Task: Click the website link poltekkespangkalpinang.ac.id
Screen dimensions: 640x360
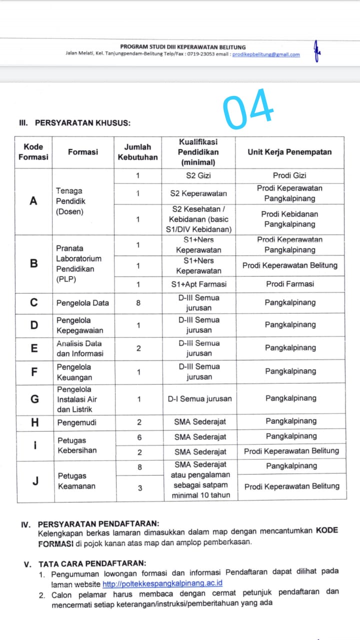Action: click(162, 583)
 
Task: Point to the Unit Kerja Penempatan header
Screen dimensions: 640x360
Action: click(289, 152)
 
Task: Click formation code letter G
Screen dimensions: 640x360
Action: click(34, 399)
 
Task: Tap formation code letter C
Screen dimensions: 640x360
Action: click(34, 302)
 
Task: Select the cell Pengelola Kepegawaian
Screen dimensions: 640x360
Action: click(80, 325)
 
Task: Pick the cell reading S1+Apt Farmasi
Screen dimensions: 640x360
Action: click(198, 284)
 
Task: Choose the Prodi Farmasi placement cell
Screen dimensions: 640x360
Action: click(290, 284)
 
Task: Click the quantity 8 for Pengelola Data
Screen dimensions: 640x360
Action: click(138, 302)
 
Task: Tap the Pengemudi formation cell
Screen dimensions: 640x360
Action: click(76, 422)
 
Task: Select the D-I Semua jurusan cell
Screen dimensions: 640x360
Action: click(199, 399)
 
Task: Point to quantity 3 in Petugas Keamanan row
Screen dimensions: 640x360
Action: click(140, 488)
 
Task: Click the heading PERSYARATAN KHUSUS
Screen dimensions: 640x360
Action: click(82, 122)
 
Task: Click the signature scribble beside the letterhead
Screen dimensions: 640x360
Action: click(316, 51)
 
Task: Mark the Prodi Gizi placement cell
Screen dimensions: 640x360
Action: click(289, 175)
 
